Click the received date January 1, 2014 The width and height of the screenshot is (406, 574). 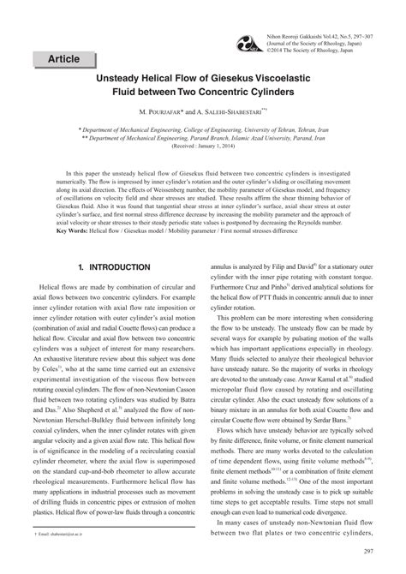click(x=212, y=145)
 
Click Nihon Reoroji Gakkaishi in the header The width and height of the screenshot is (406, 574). click(x=294, y=10)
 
